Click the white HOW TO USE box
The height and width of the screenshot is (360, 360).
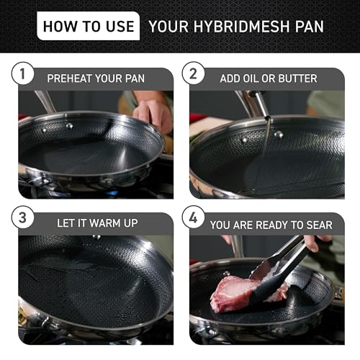point(87,27)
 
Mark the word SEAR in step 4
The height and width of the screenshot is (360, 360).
point(316,225)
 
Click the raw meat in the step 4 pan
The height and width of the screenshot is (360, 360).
point(241,292)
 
